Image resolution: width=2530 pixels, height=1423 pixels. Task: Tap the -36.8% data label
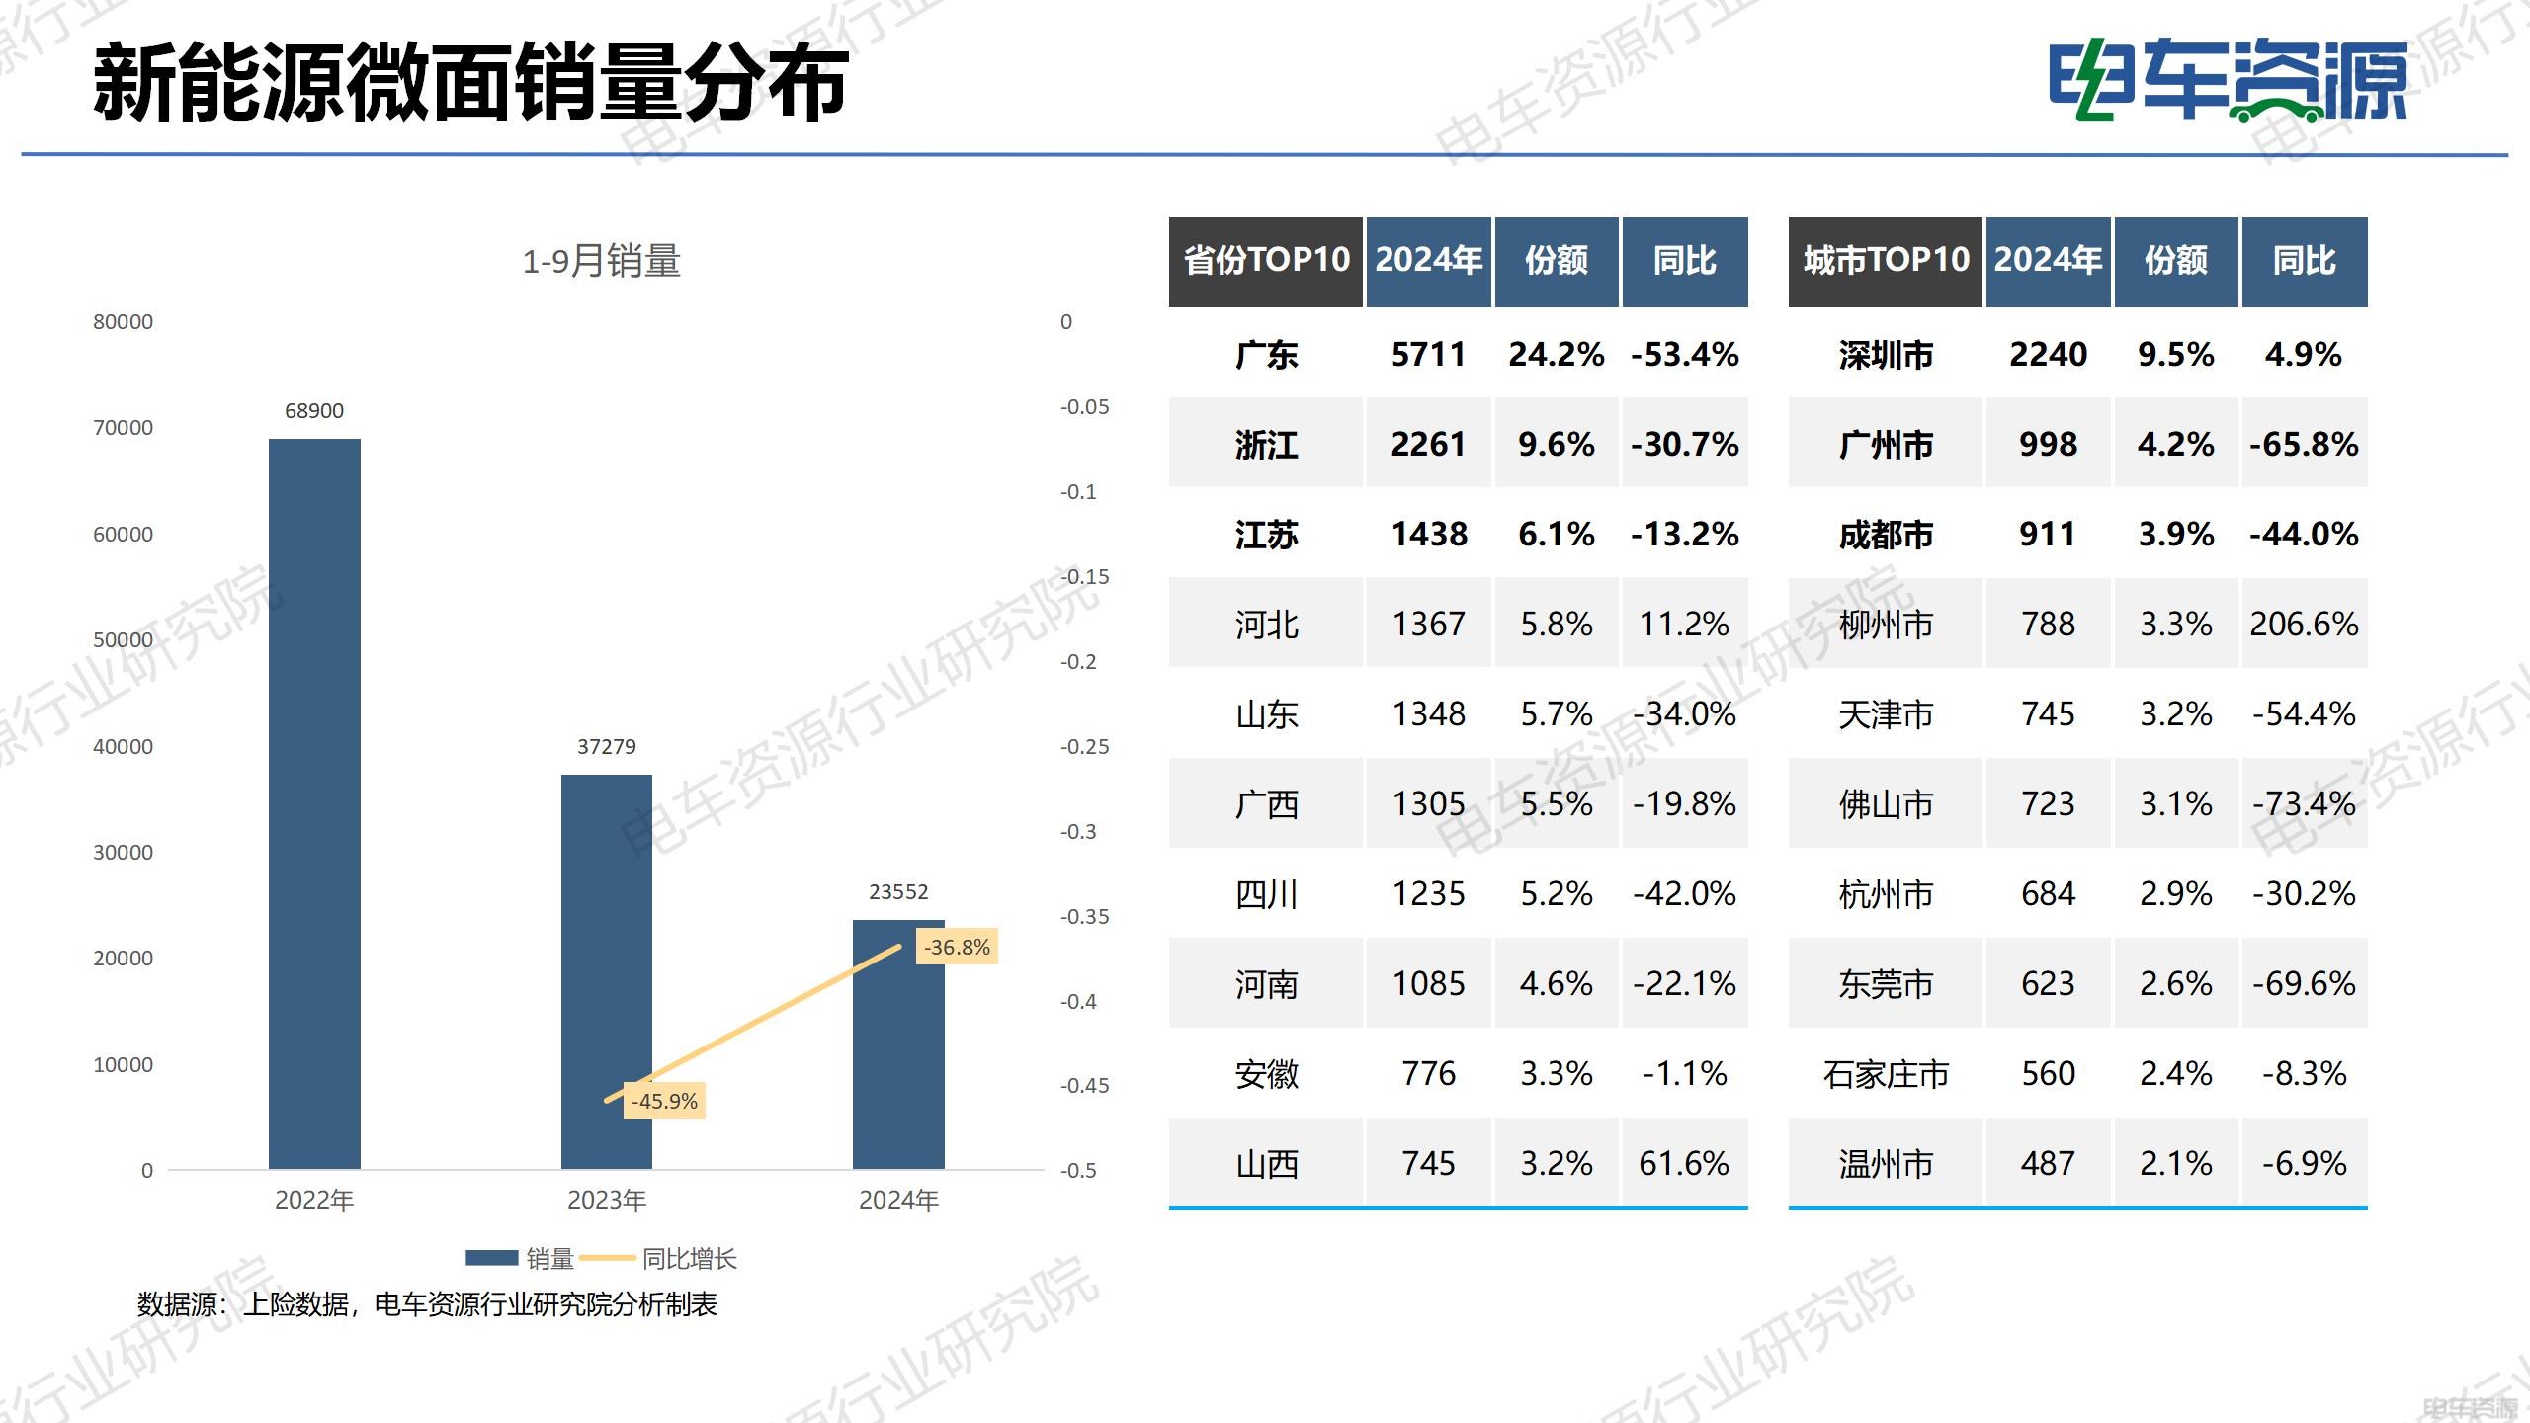957,947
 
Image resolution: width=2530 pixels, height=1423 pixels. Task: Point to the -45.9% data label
664,1101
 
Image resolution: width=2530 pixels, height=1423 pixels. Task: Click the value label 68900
314,411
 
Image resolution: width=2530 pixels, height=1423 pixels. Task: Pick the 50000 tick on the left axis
123,640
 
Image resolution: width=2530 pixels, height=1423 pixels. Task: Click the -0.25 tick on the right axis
1084,747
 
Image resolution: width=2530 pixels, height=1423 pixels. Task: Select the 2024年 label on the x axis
897,1200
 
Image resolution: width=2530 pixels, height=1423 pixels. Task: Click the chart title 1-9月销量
601,262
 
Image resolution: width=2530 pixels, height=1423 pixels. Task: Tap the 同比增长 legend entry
689,1259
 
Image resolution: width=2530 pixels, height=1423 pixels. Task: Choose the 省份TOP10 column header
1266,261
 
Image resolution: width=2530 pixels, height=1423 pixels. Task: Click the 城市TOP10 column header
1885,261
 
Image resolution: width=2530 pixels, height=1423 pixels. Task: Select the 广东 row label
1266,354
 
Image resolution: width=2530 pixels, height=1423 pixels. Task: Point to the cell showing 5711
1428,354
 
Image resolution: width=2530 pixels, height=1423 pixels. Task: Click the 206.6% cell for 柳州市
2304,624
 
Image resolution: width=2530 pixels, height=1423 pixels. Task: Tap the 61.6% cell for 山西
1684,1163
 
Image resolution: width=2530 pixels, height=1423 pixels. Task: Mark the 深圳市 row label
1885,354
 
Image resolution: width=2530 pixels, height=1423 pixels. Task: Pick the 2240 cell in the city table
2048,354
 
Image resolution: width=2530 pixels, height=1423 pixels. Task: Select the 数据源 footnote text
427,1304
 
